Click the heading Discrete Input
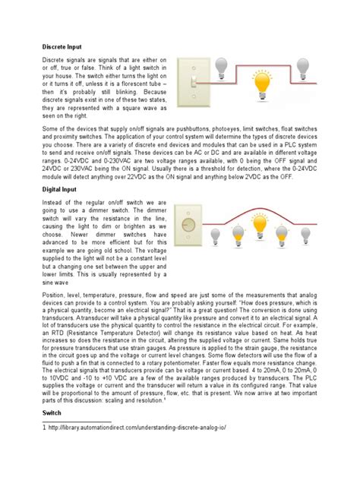point(62,46)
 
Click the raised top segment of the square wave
point(263,61)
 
